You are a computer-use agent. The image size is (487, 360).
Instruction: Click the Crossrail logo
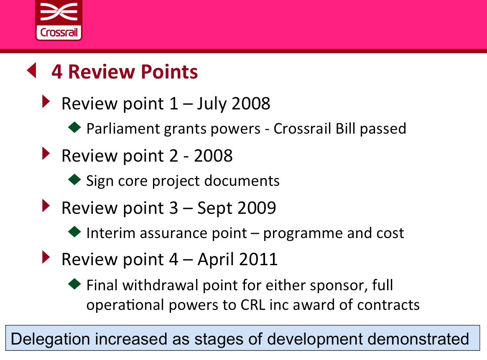click(59, 20)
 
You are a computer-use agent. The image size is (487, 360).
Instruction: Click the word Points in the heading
click(169, 72)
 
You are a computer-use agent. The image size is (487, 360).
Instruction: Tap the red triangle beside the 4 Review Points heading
click(32, 71)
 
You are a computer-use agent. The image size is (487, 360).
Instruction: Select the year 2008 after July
click(251, 103)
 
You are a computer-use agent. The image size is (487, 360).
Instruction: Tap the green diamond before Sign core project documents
click(74, 180)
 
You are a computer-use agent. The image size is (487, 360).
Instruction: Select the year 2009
click(257, 208)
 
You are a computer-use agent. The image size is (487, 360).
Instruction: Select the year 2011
click(258, 259)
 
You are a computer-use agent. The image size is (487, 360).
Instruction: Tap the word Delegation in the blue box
click(50, 339)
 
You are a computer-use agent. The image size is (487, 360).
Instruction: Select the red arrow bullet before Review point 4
click(46, 257)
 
